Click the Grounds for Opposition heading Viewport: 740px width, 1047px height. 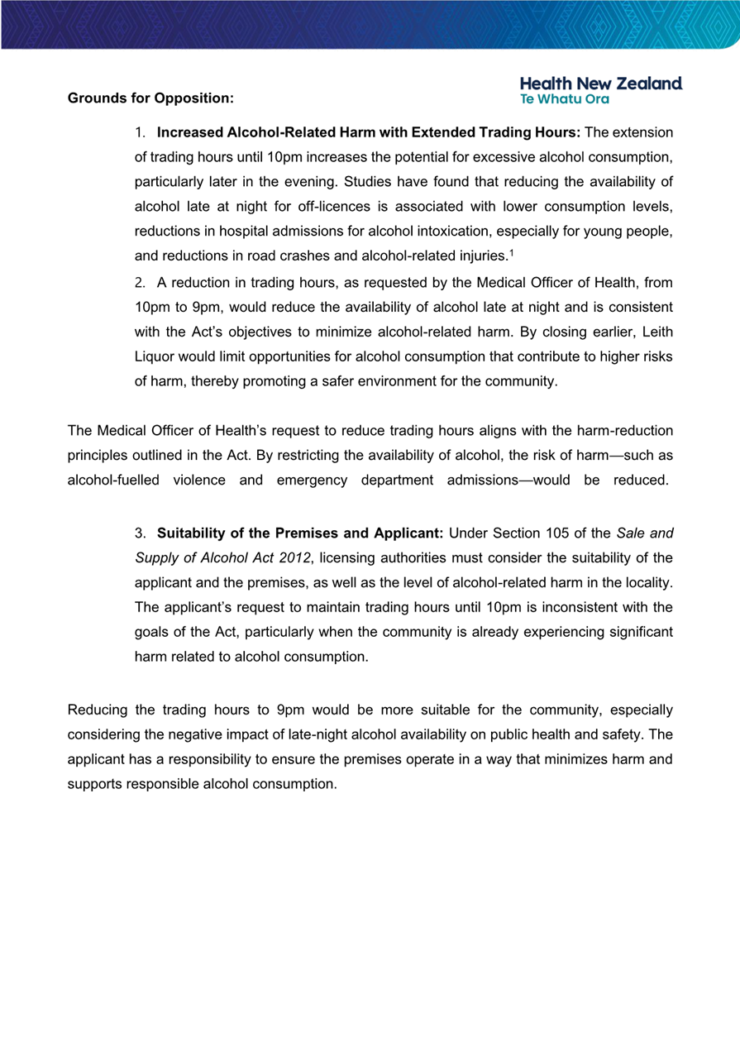(x=150, y=98)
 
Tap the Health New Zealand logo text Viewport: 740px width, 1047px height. (x=601, y=84)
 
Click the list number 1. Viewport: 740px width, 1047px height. (x=140, y=132)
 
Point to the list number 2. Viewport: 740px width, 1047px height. (x=140, y=284)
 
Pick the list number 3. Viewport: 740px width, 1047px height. (x=140, y=532)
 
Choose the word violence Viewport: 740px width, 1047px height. (x=198, y=480)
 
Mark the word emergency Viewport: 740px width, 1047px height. (x=313, y=480)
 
